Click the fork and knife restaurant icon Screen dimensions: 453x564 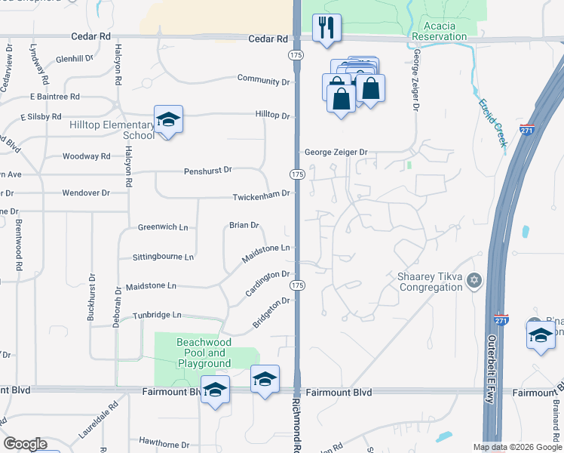coord(326,29)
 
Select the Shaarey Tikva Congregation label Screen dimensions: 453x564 coord(430,282)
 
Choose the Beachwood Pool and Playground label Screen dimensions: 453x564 coord(202,353)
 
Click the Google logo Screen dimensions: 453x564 coord(25,444)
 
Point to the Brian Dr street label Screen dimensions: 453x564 coord(244,225)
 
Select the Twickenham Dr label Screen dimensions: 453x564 coord(261,194)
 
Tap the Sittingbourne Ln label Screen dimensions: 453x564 coord(163,257)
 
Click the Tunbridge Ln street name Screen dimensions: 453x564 coord(158,315)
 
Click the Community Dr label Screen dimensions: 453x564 coord(264,79)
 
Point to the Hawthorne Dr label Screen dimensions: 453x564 coord(164,440)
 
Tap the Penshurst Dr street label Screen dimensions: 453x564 coord(207,171)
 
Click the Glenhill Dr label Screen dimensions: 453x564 coord(74,58)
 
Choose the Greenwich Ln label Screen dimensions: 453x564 coord(163,226)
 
